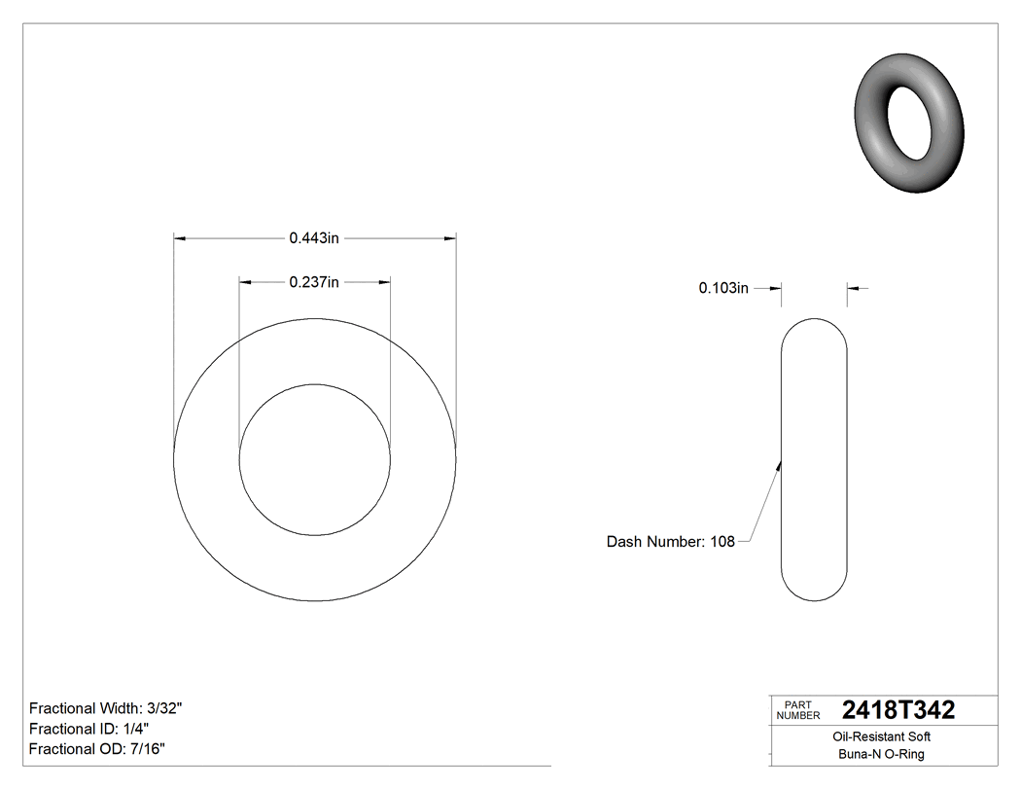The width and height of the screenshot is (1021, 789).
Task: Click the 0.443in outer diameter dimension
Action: pyautogui.click(x=313, y=237)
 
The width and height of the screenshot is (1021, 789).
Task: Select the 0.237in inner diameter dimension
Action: pyautogui.click(x=313, y=282)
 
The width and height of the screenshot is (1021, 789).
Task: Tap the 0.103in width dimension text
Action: pyautogui.click(x=723, y=288)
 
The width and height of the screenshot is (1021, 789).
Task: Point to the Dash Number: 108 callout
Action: pyautogui.click(x=670, y=542)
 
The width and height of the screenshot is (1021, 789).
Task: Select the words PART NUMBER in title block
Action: pyautogui.click(x=798, y=710)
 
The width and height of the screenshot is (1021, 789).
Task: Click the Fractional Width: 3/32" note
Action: pyautogui.click(x=106, y=708)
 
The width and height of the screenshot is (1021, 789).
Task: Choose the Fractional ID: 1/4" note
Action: pyautogui.click(x=88, y=729)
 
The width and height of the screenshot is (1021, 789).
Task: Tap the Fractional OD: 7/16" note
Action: pyautogui.click(x=97, y=749)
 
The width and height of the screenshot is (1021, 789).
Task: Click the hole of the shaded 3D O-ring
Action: pyautogui.click(x=911, y=123)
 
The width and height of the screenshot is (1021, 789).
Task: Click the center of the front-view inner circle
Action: pyautogui.click(x=315, y=459)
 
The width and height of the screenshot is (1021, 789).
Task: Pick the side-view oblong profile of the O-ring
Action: pyautogui.click(x=815, y=459)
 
